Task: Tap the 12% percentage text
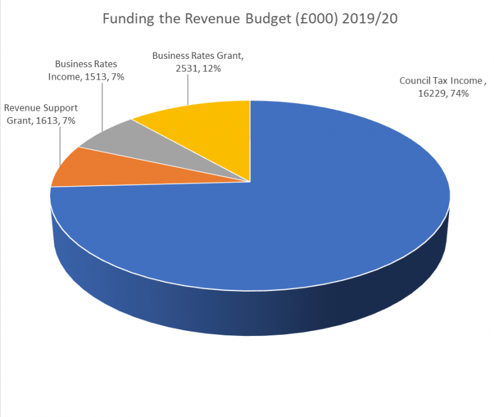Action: point(211,68)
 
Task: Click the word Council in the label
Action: point(415,81)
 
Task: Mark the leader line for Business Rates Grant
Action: point(188,89)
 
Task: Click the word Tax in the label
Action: point(441,81)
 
